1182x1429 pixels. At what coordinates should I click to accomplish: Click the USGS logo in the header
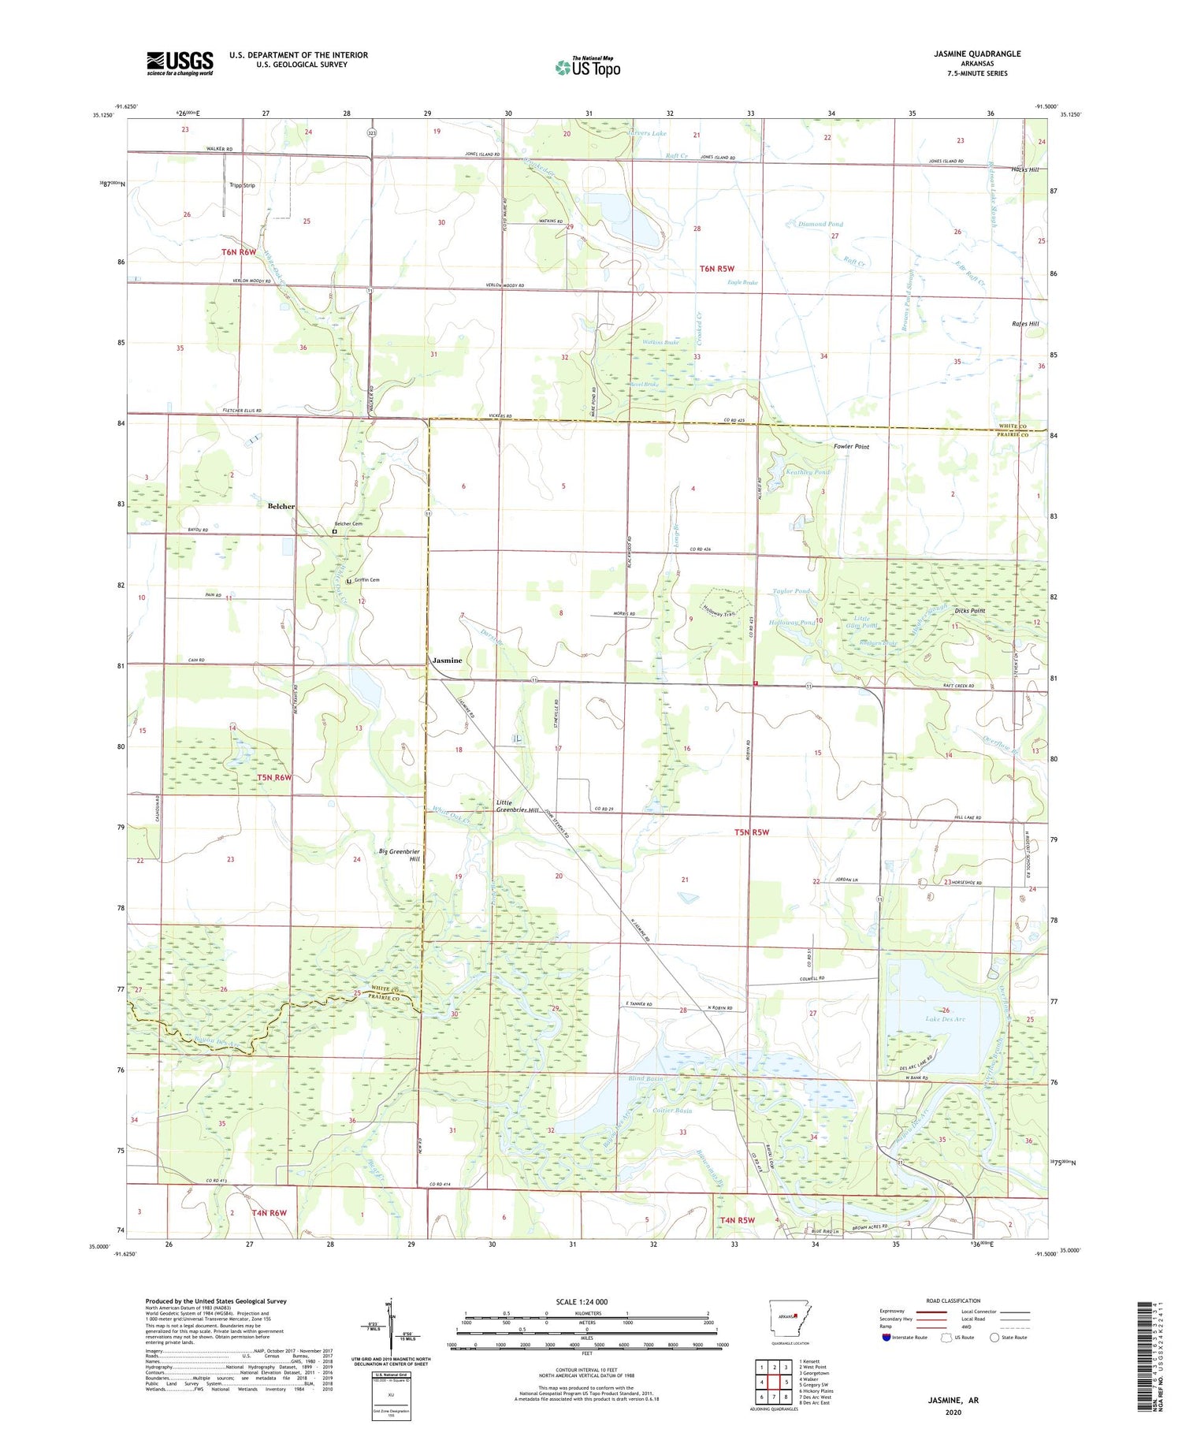click(x=180, y=63)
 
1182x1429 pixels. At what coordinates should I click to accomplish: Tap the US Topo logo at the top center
click(x=587, y=67)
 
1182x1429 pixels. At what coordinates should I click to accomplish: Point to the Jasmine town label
click(x=447, y=661)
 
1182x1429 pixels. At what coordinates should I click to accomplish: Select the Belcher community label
click(x=281, y=506)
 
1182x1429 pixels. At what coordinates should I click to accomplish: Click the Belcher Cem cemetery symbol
click(x=334, y=532)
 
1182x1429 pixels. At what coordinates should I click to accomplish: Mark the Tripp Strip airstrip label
click(x=242, y=186)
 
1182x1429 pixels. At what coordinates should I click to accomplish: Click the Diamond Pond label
click(x=820, y=225)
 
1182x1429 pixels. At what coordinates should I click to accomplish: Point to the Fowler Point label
click(x=851, y=447)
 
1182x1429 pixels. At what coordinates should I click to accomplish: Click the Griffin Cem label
click(x=366, y=580)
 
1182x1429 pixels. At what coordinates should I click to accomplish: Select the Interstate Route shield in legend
click(x=886, y=1337)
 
